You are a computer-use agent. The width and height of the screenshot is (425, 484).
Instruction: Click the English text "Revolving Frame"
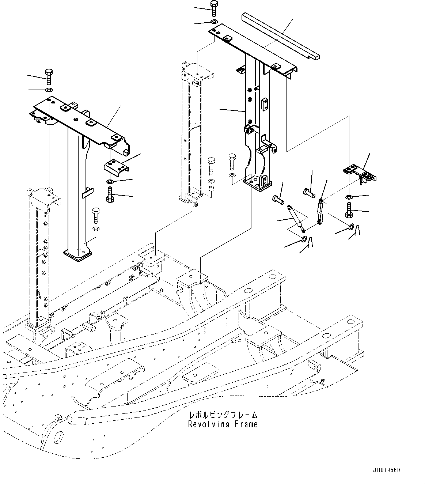[x=223, y=424]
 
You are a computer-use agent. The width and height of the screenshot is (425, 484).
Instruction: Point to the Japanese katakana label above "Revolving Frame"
[x=223, y=415]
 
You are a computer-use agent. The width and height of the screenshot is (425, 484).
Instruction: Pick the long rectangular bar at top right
[x=281, y=36]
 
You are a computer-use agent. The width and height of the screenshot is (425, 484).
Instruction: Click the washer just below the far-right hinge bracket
[x=349, y=198]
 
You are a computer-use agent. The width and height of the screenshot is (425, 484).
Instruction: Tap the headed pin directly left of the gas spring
[x=279, y=199]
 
